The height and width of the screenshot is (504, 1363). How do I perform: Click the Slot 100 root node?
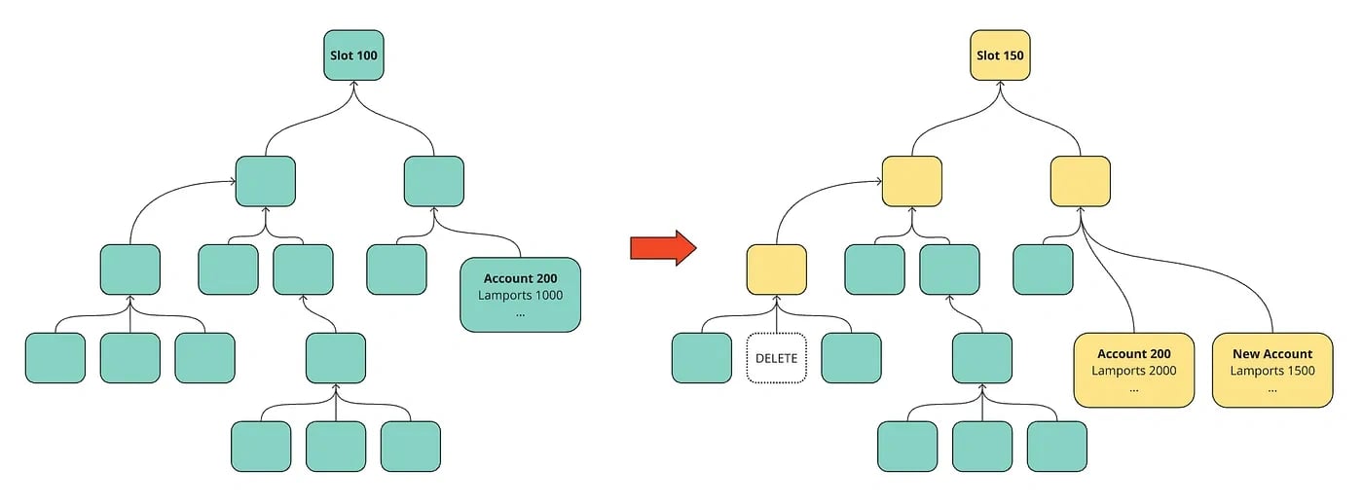pyautogui.click(x=353, y=55)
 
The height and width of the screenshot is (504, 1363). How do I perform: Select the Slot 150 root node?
pyautogui.click(x=1000, y=55)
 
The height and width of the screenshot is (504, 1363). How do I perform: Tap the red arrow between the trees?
pyautogui.click(x=663, y=248)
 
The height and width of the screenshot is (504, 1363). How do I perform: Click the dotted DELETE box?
pyautogui.click(x=777, y=358)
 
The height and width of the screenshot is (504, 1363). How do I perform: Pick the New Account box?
pyautogui.click(x=1272, y=370)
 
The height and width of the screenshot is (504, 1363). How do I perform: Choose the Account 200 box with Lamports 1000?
pyautogui.click(x=520, y=295)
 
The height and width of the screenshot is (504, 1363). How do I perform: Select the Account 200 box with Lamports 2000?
pyautogui.click(x=1133, y=370)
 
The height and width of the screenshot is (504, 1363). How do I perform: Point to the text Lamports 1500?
pyautogui.click(x=1272, y=371)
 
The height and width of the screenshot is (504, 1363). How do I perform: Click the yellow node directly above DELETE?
pyautogui.click(x=777, y=270)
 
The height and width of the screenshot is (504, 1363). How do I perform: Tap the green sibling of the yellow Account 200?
pyautogui.click(x=1043, y=270)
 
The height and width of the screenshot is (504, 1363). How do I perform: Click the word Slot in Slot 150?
pyautogui.click(x=987, y=55)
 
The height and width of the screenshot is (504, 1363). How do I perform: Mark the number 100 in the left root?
pyautogui.click(x=366, y=55)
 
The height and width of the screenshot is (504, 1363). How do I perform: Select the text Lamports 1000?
pyautogui.click(x=520, y=295)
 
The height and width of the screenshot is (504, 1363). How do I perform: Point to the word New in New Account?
pyautogui.click(x=1245, y=354)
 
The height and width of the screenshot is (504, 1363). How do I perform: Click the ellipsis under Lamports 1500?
pyautogui.click(x=1272, y=390)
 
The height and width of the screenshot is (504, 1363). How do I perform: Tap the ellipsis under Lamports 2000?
pyautogui.click(x=1133, y=390)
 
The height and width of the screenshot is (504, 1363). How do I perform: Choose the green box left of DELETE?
pyautogui.click(x=702, y=358)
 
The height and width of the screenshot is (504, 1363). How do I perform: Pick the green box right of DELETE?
pyautogui.click(x=851, y=358)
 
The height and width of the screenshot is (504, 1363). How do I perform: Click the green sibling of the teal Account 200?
pyautogui.click(x=396, y=270)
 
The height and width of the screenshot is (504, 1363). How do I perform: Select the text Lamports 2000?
pyautogui.click(x=1133, y=371)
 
